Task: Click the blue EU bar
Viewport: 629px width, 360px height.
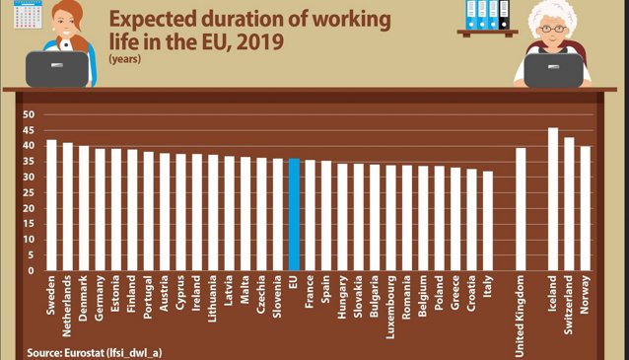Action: (294, 214)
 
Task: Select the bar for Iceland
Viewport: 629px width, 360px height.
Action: (553, 199)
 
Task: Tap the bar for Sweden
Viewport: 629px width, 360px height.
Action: (51, 205)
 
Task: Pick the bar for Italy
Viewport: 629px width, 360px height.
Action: (488, 221)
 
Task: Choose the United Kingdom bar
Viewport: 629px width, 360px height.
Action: (521, 209)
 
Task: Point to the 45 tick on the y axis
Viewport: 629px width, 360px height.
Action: (29, 130)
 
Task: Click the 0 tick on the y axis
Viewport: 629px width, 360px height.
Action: (32, 270)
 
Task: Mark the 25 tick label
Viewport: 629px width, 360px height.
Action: (29, 192)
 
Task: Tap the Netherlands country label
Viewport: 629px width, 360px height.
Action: (67, 306)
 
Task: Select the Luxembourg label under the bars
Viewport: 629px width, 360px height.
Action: (390, 308)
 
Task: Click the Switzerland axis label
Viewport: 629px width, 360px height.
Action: (568, 305)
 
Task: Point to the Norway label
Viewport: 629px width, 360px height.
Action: (585, 295)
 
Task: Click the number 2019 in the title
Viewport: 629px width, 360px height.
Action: (260, 41)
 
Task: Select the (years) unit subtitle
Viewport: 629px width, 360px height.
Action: (125, 59)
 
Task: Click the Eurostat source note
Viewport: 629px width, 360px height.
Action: (95, 353)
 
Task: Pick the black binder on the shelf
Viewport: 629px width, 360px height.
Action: (504, 15)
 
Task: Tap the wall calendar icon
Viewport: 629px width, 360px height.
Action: (28, 15)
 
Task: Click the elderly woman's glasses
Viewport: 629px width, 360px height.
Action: (553, 29)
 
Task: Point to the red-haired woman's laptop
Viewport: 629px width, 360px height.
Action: (57, 69)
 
